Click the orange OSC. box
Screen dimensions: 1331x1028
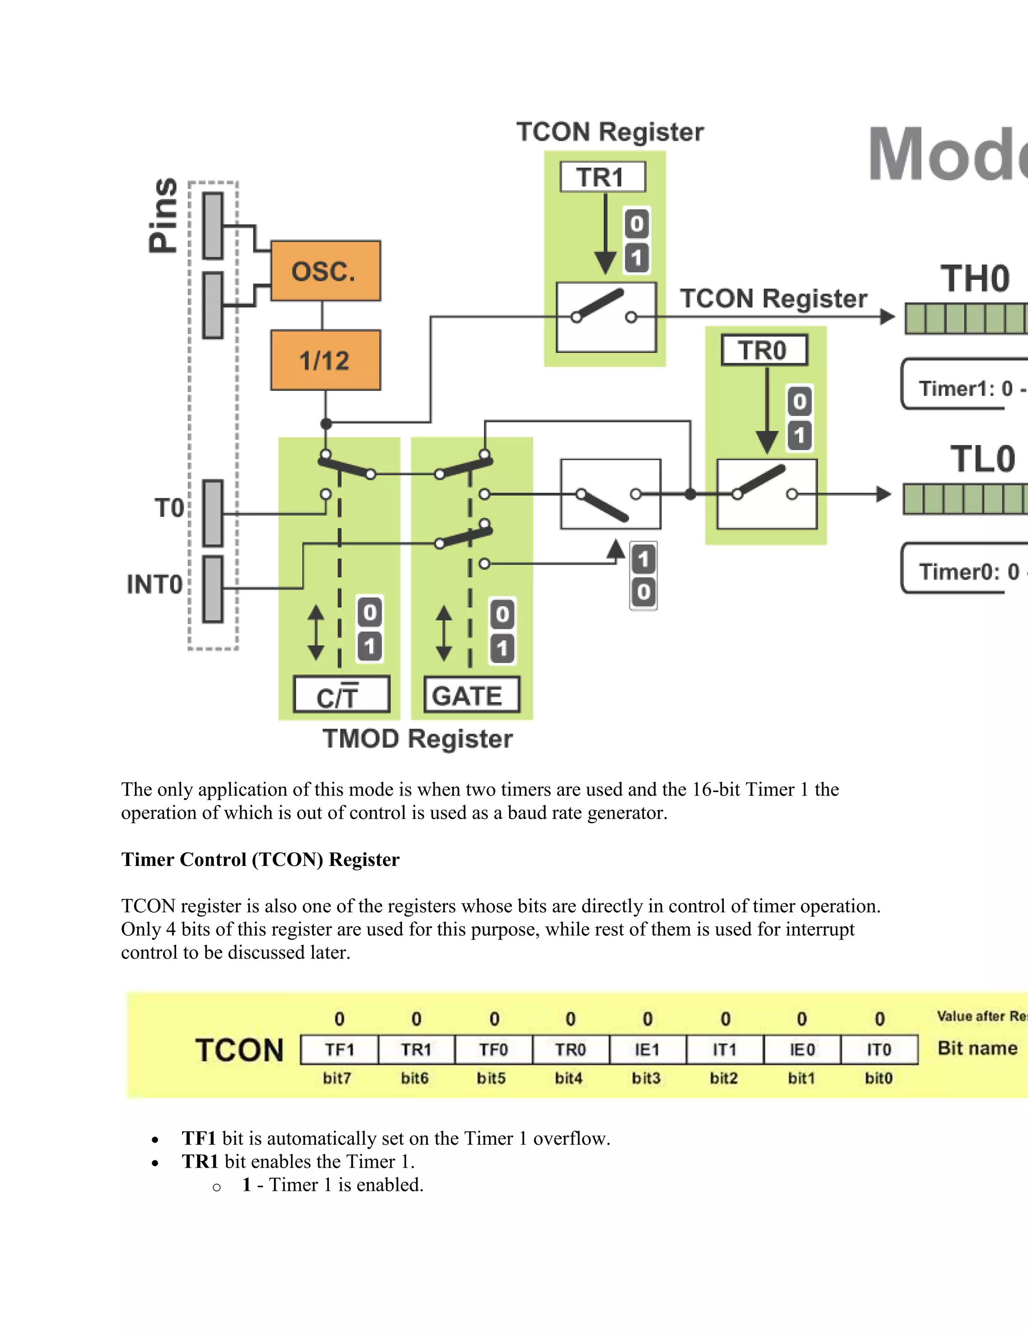pos(325,271)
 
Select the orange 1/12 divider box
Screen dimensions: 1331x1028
pos(325,360)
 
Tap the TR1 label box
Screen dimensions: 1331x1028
pos(602,177)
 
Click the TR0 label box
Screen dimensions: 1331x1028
pos(763,350)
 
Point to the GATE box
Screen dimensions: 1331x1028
pos(471,695)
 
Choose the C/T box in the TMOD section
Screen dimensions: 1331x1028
pos(341,695)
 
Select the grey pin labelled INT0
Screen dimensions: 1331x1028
pos(212,589)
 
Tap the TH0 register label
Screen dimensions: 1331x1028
pos(974,279)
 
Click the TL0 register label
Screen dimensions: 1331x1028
pos(982,459)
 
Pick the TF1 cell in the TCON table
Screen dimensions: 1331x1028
pos(339,1049)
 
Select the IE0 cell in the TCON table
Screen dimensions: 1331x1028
pos(802,1049)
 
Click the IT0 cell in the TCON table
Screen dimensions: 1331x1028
pos(879,1049)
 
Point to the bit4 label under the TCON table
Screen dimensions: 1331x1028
pos(568,1078)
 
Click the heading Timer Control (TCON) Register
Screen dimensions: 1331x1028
pos(260,859)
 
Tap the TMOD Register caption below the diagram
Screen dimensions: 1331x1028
pos(417,739)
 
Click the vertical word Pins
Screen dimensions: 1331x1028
pos(163,215)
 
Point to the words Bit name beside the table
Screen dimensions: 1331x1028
pos(977,1048)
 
